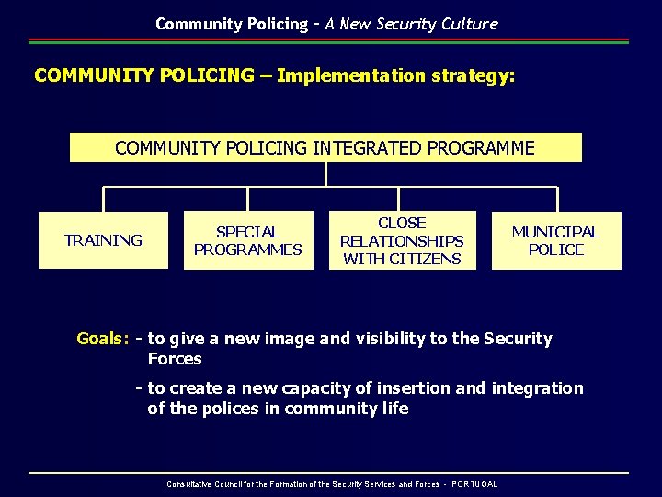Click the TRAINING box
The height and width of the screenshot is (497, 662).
[x=103, y=240]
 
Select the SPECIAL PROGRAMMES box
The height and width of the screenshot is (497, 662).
[x=247, y=240]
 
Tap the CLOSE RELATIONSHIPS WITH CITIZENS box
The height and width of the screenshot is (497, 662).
[x=402, y=240]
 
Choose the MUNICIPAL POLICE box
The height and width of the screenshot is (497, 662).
[x=555, y=240]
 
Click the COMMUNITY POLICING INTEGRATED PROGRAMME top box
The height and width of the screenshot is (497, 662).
[x=325, y=147]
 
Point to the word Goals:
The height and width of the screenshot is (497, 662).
[x=102, y=339]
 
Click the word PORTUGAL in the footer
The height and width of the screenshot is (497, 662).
[x=474, y=484]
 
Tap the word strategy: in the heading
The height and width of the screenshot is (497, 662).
[x=473, y=75]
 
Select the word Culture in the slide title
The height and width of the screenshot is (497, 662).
[x=470, y=24]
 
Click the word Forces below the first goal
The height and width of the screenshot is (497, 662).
[x=174, y=359]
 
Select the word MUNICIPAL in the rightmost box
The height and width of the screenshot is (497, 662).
[x=555, y=232]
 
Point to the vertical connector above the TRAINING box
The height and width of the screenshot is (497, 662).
[x=103, y=200]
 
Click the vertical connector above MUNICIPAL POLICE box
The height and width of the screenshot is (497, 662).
[x=557, y=200]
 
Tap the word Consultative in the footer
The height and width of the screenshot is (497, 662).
[x=188, y=484]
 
